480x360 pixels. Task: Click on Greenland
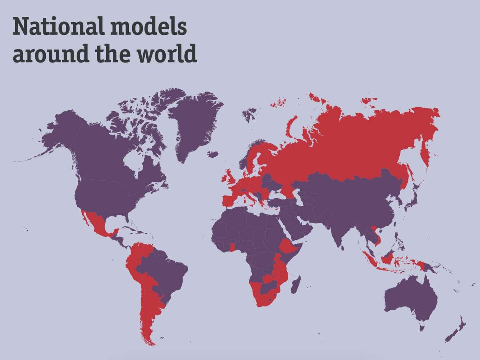click(x=192, y=122)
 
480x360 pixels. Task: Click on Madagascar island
click(x=296, y=285)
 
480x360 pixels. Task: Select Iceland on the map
click(x=213, y=154)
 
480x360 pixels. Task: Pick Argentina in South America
click(x=149, y=312)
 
